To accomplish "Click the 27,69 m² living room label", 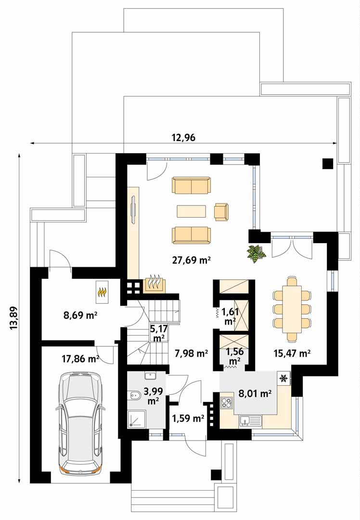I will tap(192, 260).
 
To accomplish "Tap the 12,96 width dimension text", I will tap(183, 137).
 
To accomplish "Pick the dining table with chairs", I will tap(292, 308).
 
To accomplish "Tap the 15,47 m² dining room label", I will tap(291, 353).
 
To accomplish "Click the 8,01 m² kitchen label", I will tap(255, 393).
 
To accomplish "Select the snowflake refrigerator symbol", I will tap(284, 378).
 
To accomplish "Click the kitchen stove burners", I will tap(226, 402).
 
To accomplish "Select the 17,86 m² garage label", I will tap(80, 358).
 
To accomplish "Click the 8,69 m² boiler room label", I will tap(80, 316).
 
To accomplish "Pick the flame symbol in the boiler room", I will tap(103, 292).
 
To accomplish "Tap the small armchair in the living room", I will tap(221, 212).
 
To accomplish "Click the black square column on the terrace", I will tap(327, 164).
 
